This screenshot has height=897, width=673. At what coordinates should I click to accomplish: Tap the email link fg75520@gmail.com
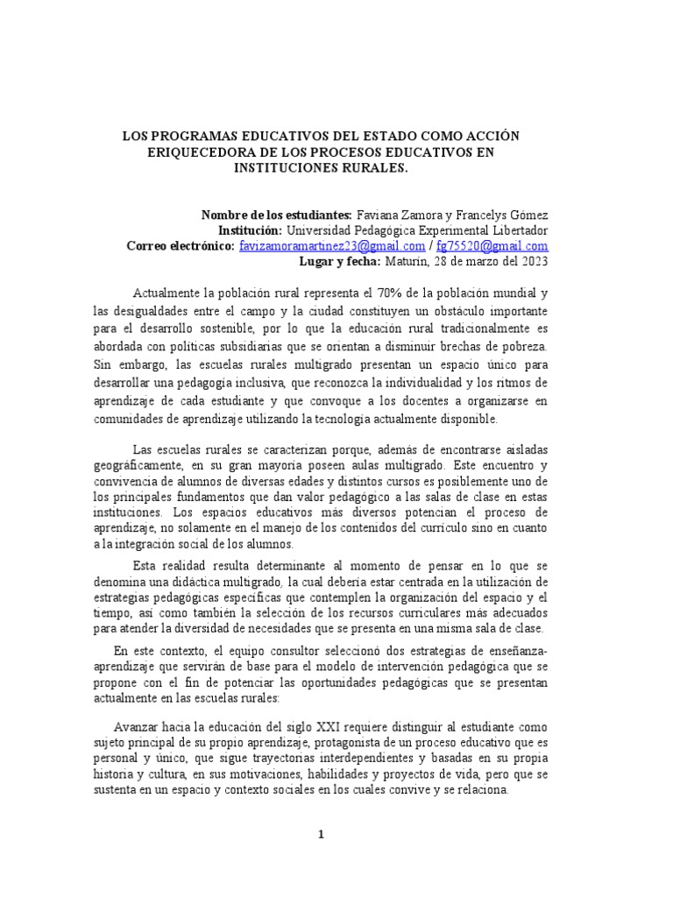pyautogui.click(x=492, y=246)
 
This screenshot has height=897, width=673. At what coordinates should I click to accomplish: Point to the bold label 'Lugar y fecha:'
pyautogui.click(x=339, y=262)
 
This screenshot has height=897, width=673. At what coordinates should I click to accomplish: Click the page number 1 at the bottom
pyautogui.click(x=322, y=835)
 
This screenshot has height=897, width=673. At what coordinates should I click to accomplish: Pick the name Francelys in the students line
pyautogui.click(x=494, y=215)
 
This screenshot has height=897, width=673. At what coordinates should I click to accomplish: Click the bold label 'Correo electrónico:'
pyautogui.click(x=181, y=246)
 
